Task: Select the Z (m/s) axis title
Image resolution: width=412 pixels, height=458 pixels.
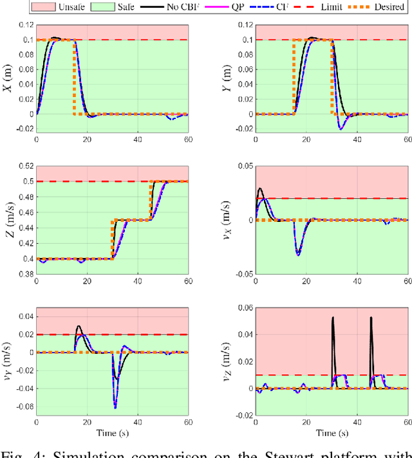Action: point(9,220)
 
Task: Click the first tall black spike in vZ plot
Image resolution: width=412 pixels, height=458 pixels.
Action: point(332,318)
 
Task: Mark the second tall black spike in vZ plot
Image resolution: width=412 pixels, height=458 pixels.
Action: point(371,318)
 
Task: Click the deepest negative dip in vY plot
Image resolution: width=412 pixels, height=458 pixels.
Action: point(115,407)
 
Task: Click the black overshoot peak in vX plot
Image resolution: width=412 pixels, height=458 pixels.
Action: point(259,188)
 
